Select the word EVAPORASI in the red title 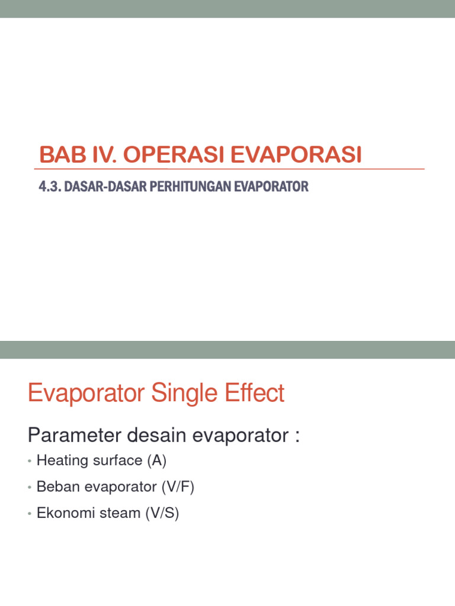295,155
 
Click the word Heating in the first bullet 60,460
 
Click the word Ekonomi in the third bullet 60,512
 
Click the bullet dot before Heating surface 30,461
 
